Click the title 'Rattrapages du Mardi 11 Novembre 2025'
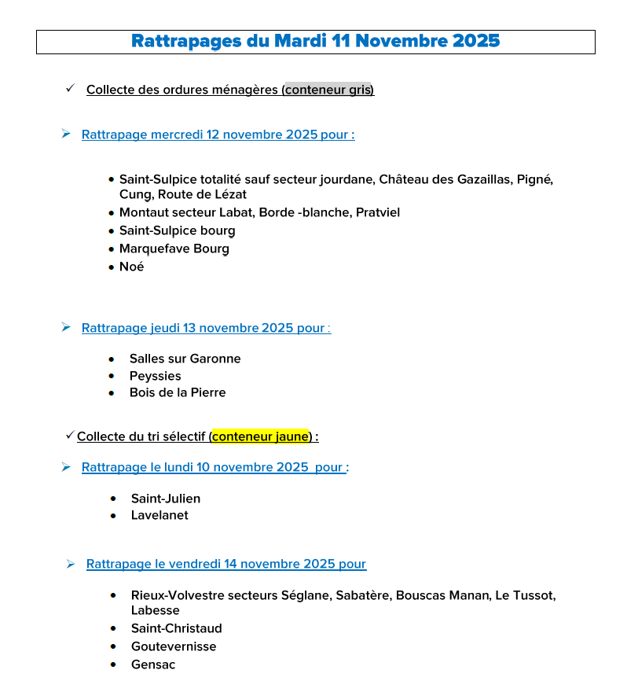tap(315, 41)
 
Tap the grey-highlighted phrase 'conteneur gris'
tap(329, 90)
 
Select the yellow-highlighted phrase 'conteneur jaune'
tap(261, 436)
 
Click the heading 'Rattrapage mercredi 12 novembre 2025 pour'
tap(218, 134)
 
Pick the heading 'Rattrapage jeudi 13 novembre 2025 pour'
tap(206, 328)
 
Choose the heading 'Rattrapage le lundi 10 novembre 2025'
tap(214, 467)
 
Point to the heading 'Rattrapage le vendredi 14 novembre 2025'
tap(225, 564)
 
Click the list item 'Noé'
tap(131, 267)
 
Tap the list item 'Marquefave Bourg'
tap(174, 248)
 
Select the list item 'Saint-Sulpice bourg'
tap(177, 230)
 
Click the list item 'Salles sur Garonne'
tap(185, 359)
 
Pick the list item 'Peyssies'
tap(155, 376)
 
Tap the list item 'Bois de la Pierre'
tap(177, 392)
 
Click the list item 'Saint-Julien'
tap(165, 499)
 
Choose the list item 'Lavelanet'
tap(159, 515)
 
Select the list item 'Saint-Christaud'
tap(176, 628)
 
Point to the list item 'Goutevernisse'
tap(173, 646)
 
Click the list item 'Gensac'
tap(153, 664)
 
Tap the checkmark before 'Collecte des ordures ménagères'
tap(70, 89)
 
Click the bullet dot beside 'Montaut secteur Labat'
tap(112, 212)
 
